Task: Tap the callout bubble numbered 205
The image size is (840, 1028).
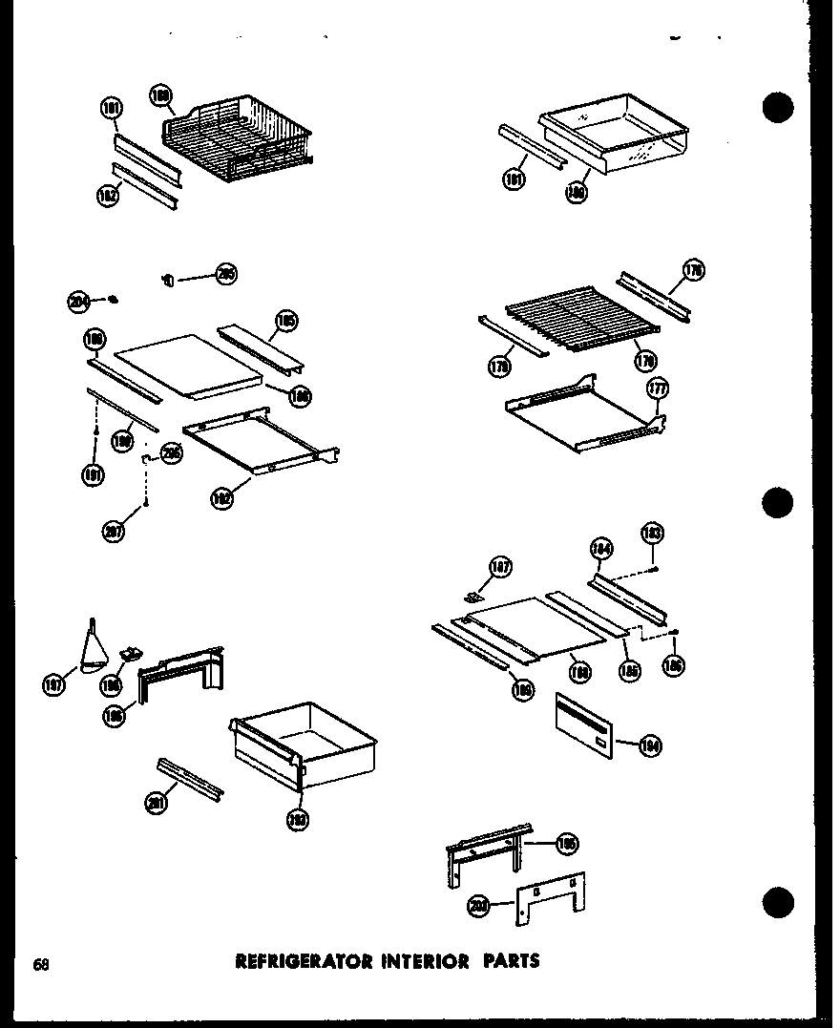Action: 225,275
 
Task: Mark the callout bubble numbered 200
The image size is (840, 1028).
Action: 479,907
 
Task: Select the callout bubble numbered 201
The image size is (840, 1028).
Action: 155,805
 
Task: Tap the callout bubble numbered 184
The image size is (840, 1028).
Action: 600,548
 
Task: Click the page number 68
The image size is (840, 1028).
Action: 40,963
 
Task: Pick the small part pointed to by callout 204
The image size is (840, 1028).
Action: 113,300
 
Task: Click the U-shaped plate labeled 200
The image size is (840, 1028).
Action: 551,897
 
